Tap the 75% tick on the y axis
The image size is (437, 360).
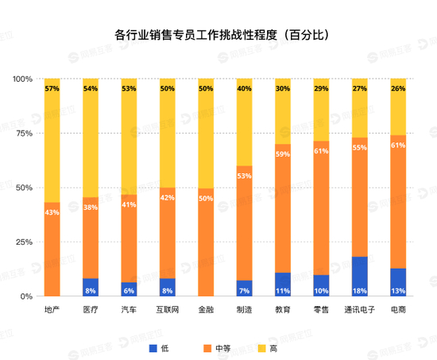coord(23,134)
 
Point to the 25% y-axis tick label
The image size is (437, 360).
coord(23,242)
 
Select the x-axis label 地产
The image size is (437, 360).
coord(52,308)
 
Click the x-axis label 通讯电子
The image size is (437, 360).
coord(360,308)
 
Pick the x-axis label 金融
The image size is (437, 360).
coord(206,308)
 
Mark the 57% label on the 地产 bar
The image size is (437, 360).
coord(52,89)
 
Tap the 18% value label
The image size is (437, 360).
coord(360,291)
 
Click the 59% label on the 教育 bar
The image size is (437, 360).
coord(283,154)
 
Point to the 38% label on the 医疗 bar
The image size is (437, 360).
coord(91,207)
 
